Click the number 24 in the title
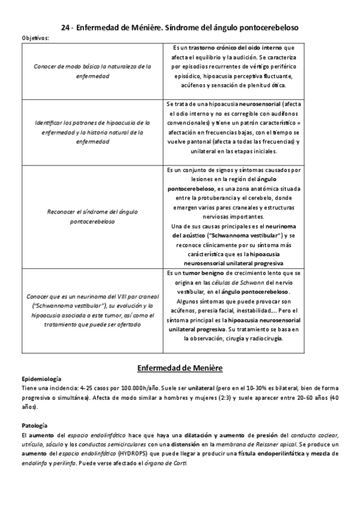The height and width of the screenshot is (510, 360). click(67, 28)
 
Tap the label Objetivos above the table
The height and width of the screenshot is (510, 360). click(35, 38)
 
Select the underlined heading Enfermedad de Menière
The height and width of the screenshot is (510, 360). click(180, 367)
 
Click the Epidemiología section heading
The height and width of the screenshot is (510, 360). click(41, 379)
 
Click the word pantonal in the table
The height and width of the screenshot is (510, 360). click(195, 141)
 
